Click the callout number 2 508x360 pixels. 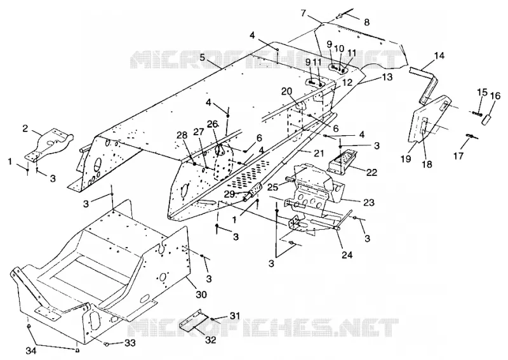coord(25,128)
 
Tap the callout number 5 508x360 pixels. coord(203,58)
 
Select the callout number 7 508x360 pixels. coord(304,13)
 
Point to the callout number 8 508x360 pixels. coord(366,22)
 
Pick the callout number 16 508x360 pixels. coord(495,96)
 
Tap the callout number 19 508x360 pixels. coord(406,159)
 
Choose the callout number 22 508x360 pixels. coord(373,172)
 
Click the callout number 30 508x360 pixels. coord(201,294)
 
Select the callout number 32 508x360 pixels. coord(211,340)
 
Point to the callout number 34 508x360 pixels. coord(31,350)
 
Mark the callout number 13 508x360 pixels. coord(387,77)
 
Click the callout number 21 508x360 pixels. coord(319,153)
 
